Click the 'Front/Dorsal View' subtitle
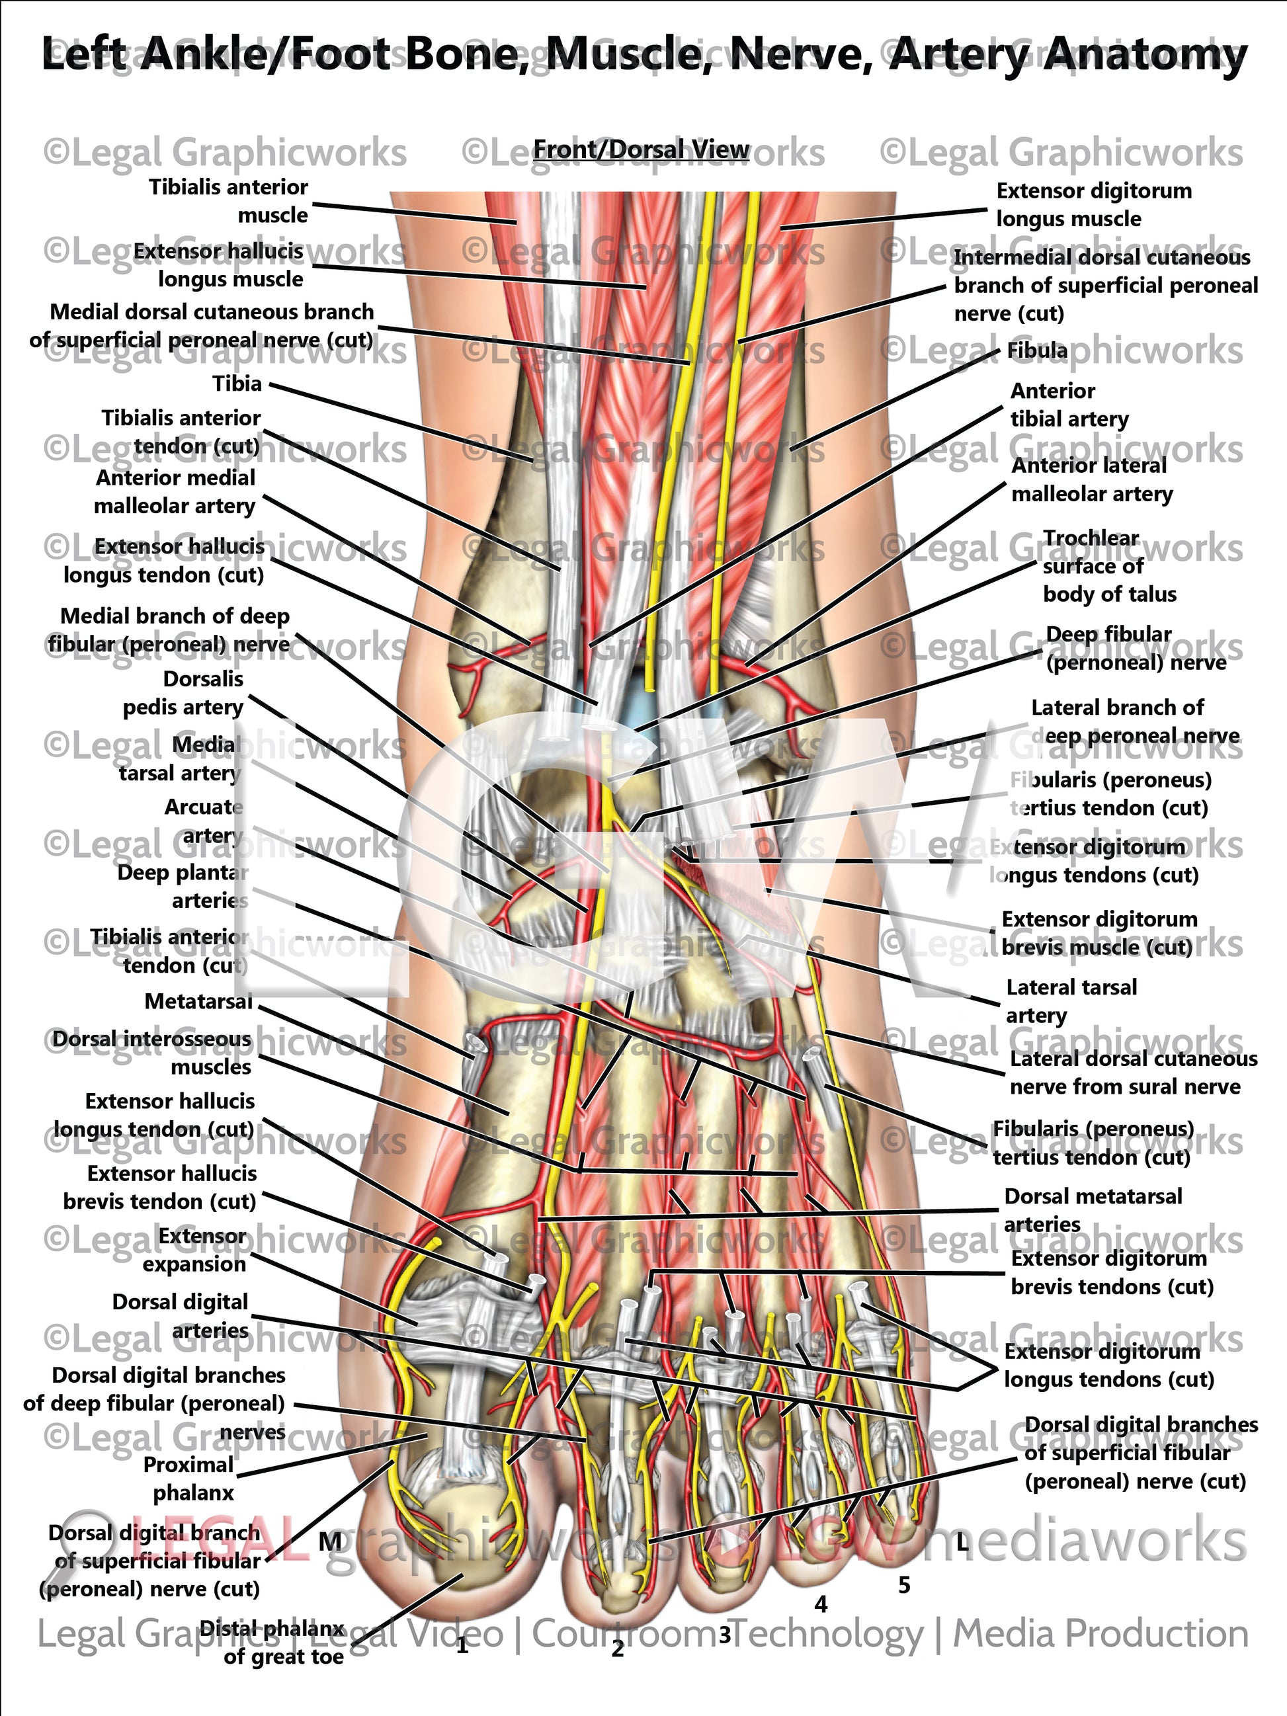(x=641, y=149)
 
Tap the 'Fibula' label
(x=1036, y=350)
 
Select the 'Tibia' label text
(x=237, y=384)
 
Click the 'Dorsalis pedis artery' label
(x=184, y=693)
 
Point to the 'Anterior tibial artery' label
(x=1068, y=405)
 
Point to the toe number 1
(x=462, y=1645)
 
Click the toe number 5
(x=904, y=1585)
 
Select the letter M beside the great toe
(x=330, y=1541)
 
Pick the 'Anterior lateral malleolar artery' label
(x=1091, y=479)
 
